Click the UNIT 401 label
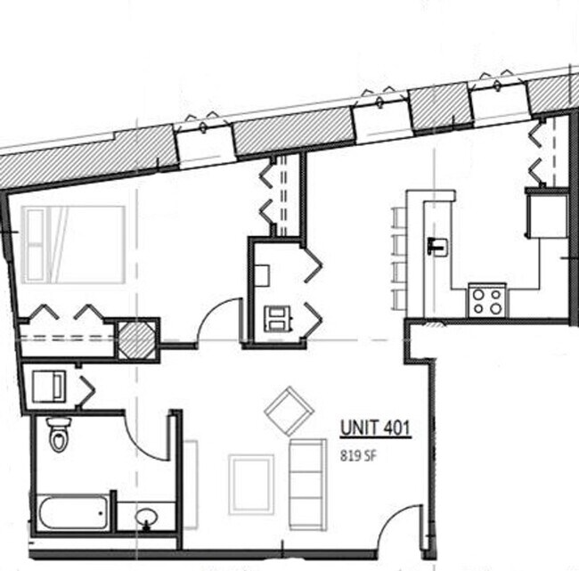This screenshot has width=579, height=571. coord(374,429)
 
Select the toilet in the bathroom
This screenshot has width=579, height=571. coord(59,435)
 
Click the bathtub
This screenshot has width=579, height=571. coord(73,512)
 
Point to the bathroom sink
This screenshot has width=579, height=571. coord(147,517)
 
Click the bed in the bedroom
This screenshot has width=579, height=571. coord(74,245)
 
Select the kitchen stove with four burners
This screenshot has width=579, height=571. coord(487,300)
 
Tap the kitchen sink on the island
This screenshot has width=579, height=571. coord(436,245)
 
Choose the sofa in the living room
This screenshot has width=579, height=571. coord(307,484)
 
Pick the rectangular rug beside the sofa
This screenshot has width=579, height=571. coord(250,484)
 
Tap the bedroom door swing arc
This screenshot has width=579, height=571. coord(219,320)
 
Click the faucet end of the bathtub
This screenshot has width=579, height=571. coord(104,512)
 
